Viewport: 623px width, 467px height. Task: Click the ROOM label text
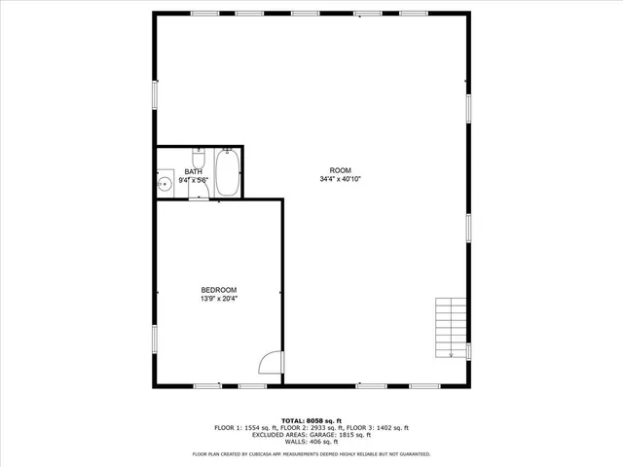[x=339, y=170]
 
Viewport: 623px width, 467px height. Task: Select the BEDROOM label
[x=218, y=290]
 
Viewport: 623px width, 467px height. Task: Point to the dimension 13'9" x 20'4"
[x=218, y=300]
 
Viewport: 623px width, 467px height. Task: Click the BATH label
[x=194, y=172]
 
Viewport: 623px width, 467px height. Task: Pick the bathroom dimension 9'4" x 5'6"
[x=194, y=181]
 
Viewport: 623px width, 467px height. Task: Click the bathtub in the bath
[x=228, y=171]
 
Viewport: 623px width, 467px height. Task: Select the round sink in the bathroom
[x=165, y=182]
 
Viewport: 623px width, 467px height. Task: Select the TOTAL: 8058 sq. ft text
[x=311, y=419]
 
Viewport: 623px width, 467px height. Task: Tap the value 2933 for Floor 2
[x=323, y=428]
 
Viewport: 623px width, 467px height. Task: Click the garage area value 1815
[x=348, y=435]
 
